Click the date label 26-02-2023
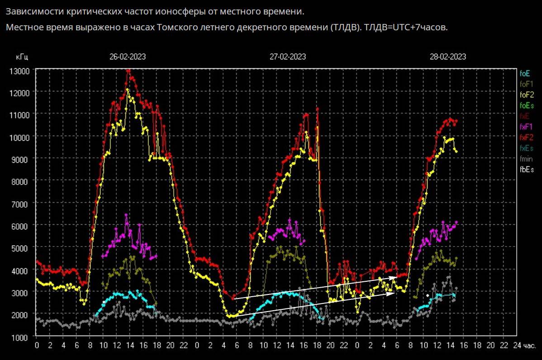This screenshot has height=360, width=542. click(128, 57)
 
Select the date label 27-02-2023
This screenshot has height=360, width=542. click(288, 57)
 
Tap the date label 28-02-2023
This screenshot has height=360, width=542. click(448, 57)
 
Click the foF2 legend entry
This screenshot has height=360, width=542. click(527, 95)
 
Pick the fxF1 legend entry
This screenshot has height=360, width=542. click(526, 127)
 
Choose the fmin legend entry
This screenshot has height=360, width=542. click(526, 159)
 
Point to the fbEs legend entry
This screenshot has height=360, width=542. click(527, 170)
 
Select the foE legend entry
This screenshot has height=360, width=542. click(525, 73)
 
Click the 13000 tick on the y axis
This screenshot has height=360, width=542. click(19, 71)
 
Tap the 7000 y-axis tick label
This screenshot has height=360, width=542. click(21, 204)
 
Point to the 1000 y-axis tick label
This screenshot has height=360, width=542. click(21, 337)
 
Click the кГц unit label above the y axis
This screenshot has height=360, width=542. click(22, 57)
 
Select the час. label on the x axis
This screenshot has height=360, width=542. click(529, 346)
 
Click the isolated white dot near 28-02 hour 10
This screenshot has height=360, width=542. click(427, 295)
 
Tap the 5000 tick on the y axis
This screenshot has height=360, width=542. click(21, 248)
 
